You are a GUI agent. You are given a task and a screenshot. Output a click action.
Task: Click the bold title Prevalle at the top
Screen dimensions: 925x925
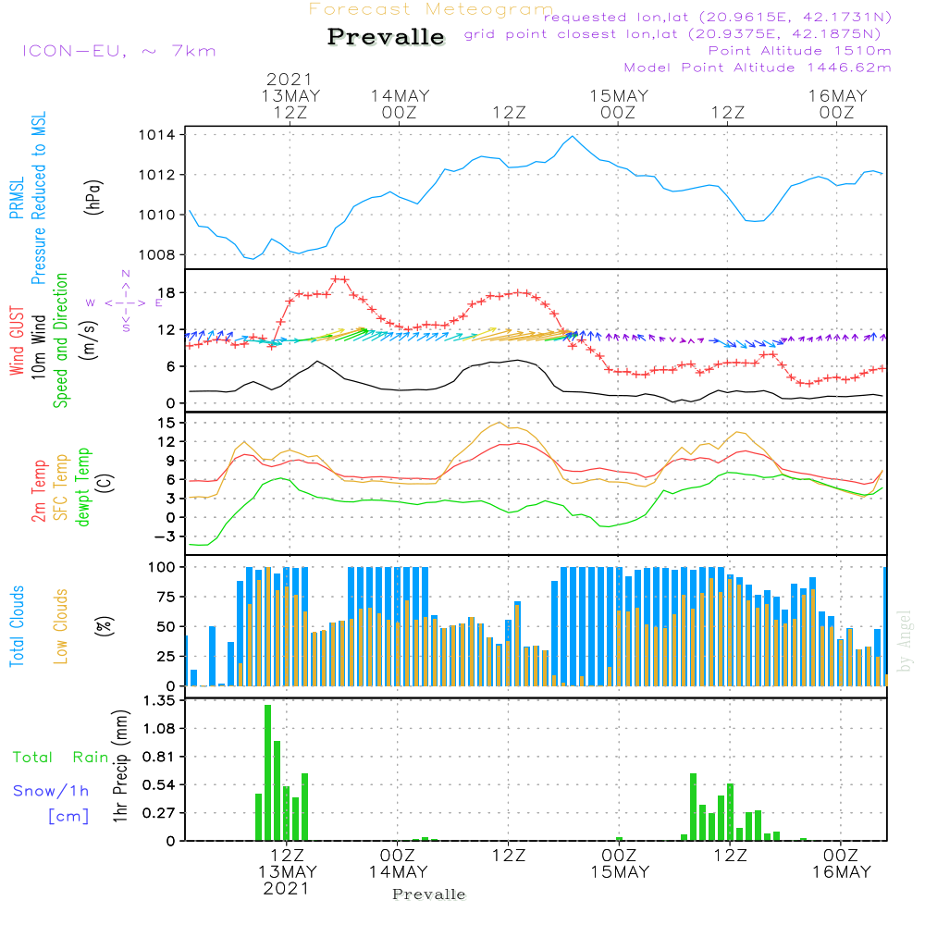tap(386, 38)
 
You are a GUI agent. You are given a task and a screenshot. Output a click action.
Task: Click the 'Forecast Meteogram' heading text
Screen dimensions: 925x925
tap(430, 10)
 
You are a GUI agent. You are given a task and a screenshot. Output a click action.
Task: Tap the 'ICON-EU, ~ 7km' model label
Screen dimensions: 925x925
tap(118, 51)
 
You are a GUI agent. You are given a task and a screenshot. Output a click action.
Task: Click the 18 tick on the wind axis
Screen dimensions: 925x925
tap(167, 293)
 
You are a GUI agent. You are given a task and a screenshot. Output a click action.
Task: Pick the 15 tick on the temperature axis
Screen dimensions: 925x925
tap(167, 423)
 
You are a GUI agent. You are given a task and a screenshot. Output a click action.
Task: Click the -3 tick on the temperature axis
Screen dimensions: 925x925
tap(167, 536)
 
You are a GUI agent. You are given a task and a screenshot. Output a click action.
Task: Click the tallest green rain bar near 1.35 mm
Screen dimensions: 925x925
tap(267, 772)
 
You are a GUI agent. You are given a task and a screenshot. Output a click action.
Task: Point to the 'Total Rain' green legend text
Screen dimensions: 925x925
tap(60, 758)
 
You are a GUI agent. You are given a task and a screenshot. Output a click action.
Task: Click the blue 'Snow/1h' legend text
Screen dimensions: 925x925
tap(52, 791)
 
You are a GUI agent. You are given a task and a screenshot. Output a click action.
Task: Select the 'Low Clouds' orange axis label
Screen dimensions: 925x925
tap(62, 624)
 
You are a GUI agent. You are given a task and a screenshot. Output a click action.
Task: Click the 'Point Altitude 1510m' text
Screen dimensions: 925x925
tap(800, 51)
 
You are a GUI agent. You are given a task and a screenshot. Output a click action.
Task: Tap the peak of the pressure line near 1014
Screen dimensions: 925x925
tap(573, 136)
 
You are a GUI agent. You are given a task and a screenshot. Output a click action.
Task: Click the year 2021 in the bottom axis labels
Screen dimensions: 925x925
tap(288, 888)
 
